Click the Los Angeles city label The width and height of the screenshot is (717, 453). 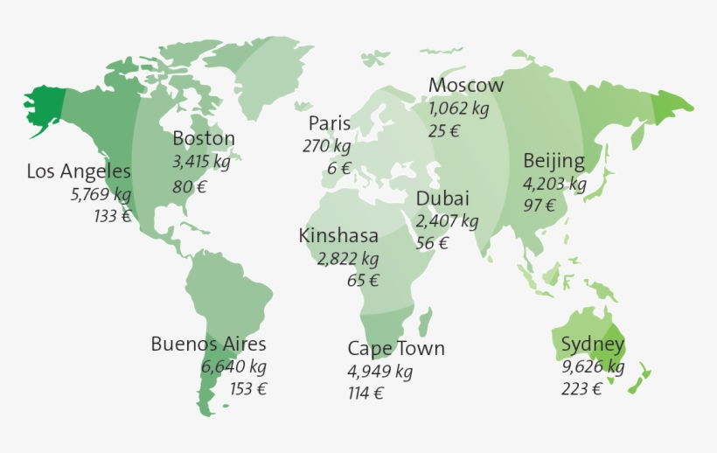pos(79,171)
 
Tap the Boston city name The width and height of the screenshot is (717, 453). pos(204,138)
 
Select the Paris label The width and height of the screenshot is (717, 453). pos(330,123)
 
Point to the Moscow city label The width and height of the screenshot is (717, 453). pos(466,86)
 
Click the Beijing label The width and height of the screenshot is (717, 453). pos(553,161)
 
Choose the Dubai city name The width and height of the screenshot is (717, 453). pos(442,199)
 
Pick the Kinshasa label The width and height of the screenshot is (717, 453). pos(338,235)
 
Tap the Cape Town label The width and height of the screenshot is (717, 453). pos(396,349)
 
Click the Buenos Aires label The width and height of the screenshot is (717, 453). pos(208,345)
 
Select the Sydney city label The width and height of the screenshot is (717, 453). pos(593,344)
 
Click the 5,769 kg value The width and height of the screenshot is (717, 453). pos(101,194)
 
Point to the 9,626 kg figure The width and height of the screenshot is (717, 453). pos(593,366)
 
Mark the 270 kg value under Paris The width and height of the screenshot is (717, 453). pos(327,146)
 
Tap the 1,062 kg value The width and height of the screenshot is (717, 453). pos(459,109)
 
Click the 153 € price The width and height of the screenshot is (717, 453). pos(248,389)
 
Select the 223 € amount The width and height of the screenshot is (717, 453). pos(581,389)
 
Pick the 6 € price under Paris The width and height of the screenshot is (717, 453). pos(339,169)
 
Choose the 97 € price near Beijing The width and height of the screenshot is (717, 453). pos(539,206)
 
